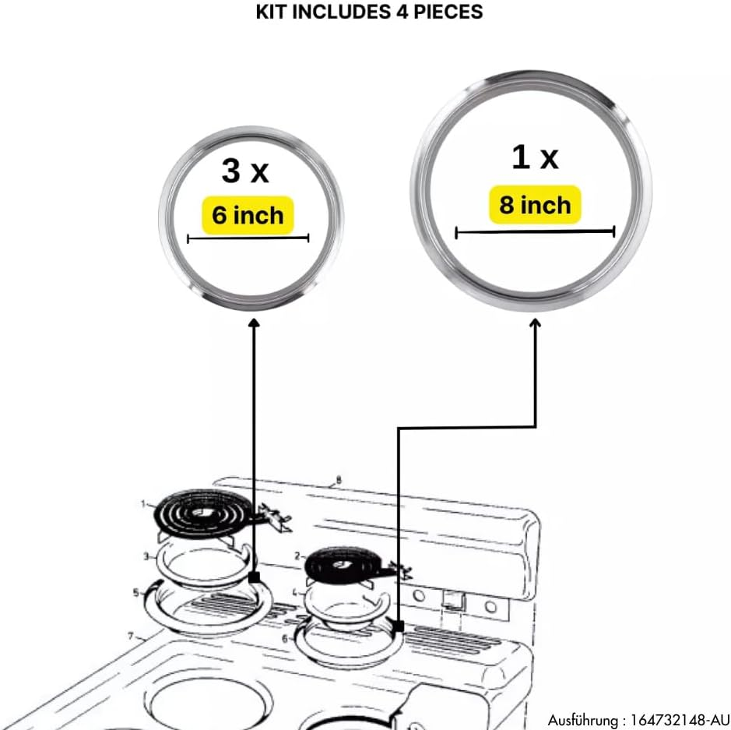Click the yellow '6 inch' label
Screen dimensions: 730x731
coord(248,214)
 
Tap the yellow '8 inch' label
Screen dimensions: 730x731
coord(535,205)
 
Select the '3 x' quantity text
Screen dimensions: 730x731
coord(244,171)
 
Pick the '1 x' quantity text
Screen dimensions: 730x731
coord(535,157)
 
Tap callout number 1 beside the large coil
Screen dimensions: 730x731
coord(143,504)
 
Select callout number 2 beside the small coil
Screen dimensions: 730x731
coord(297,555)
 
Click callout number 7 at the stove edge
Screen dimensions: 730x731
coord(131,636)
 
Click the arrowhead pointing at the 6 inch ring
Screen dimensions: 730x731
coord(253,322)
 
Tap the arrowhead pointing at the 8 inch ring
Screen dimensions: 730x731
coord(536,323)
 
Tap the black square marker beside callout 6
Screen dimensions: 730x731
coord(398,626)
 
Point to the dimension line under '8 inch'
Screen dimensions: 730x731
coord(535,231)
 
